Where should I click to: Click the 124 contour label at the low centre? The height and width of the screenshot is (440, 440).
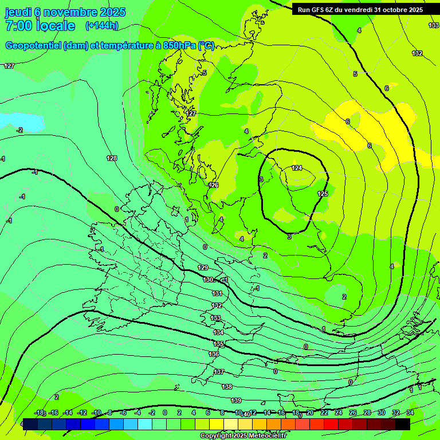click(x=297, y=168)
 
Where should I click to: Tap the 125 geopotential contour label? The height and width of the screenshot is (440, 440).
click(x=323, y=194)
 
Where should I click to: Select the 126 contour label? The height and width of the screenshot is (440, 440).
click(x=214, y=185)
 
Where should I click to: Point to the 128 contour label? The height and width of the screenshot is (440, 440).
click(x=112, y=158)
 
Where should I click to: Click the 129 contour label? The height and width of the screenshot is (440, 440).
click(x=203, y=268)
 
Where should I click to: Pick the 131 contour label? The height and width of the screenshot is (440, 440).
click(x=217, y=293)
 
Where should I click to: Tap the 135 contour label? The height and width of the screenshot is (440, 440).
click(x=219, y=344)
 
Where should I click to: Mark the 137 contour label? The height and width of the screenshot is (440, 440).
click(x=219, y=372)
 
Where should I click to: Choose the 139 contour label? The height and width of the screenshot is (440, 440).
click(x=236, y=400)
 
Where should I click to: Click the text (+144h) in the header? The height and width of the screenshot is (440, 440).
click(x=101, y=25)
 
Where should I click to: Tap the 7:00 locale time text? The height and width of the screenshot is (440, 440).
click(x=40, y=26)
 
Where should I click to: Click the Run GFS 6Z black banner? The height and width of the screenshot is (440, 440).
click(x=360, y=9)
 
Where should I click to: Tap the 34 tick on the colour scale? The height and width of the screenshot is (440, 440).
click(x=410, y=412)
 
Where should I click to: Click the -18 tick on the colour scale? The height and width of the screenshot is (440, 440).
click(x=40, y=412)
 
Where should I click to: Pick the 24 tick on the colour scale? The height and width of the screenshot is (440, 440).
click(x=339, y=412)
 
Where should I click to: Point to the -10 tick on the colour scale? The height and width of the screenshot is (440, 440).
click(x=97, y=412)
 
